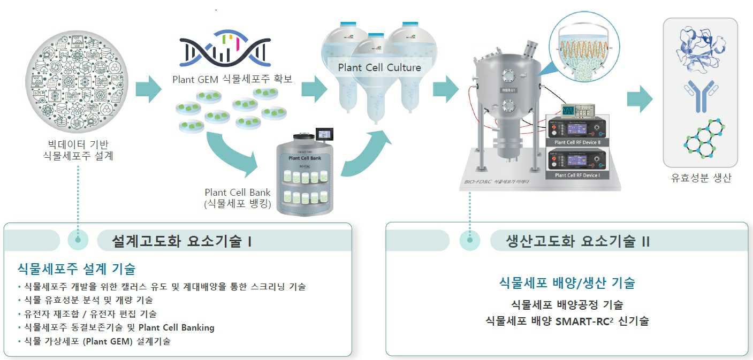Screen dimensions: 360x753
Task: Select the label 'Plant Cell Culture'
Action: [x=379, y=68]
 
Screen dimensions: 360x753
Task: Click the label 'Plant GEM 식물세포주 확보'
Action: [x=232, y=79]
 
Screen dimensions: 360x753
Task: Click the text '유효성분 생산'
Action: [x=701, y=179]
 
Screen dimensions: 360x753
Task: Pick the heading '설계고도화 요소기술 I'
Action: [x=182, y=241]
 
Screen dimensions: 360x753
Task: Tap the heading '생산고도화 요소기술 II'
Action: [x=578, y=241]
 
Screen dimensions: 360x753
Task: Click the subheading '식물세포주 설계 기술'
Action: [x=77, y=268]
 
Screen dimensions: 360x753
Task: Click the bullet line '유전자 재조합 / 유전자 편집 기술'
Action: [x=90, y=314]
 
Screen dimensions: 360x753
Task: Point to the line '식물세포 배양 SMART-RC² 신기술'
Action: [x=567, y=322]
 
